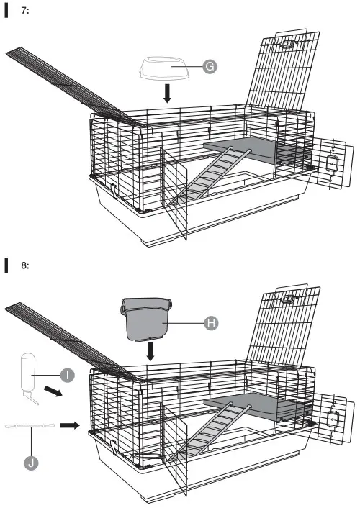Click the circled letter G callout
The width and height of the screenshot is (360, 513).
point(210,66)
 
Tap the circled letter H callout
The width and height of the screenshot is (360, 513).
point(211,323)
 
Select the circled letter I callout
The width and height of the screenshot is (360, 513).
point(68,375)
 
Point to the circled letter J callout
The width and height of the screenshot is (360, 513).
point(31,463)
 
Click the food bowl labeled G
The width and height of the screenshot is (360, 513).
point(165,68)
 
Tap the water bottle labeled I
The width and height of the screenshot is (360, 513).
point(29,376)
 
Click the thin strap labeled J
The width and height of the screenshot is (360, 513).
point(30,426)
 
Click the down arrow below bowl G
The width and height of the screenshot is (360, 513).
point(167,94)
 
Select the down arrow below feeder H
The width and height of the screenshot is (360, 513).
point(150,351)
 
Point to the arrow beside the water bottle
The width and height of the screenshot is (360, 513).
point(53,391)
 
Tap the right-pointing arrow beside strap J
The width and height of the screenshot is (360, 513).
point(70,425)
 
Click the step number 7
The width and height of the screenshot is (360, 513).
point(25,11)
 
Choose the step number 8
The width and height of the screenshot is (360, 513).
point(25,265)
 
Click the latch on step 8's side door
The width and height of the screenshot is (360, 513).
point(333,419)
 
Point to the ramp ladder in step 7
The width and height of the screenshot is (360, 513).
point(211,175)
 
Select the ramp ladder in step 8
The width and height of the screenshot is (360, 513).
point(211,430)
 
